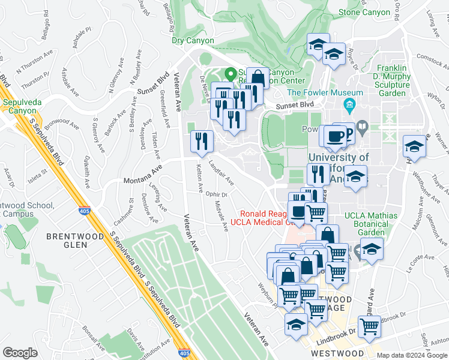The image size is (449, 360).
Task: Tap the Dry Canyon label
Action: tap(193, 41)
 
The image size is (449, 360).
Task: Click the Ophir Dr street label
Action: tap(216, 194)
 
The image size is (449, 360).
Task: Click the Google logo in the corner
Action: tap(20, 352)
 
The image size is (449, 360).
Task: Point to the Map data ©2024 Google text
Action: tap(412, 355)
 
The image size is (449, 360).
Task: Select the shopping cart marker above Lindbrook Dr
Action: tap(369, 326)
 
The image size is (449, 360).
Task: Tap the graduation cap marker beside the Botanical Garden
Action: tap(372, 248)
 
